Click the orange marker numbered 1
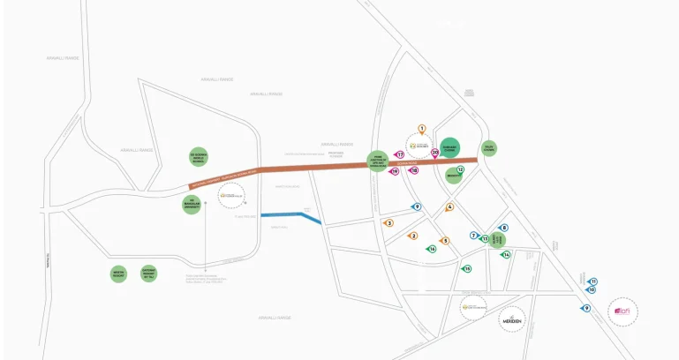tap(422, 129)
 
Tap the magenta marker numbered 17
tap(399, 154)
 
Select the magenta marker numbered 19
tap(395, 171)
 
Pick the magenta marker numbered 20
tap(435, 152)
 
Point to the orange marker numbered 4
tap(449, 207)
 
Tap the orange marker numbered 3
tap(389, 223)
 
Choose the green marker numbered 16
tap(432, 249)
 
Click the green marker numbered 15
tap(467, 268)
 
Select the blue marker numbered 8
tap(504, 228)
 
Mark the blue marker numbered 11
tap(593, 281)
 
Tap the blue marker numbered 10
tap(592, 289)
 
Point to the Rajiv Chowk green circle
tap(488, 148)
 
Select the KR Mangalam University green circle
tap(192, 205)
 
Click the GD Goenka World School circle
tap(198, 157)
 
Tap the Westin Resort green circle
tap(118, 274)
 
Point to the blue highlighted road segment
tap(290, 215)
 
